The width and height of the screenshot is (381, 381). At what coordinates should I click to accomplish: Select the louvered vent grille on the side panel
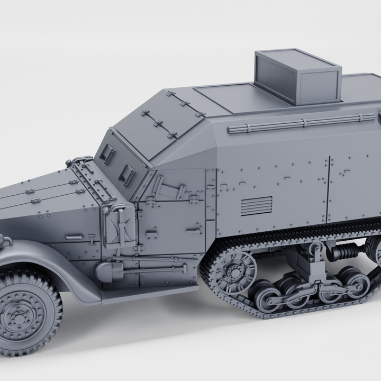256,206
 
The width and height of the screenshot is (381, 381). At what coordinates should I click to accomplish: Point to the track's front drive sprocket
233,271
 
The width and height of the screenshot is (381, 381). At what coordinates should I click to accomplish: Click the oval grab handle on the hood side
74,238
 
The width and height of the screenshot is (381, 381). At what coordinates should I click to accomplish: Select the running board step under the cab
148,294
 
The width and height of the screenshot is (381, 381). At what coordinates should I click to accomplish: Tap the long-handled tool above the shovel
159,259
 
